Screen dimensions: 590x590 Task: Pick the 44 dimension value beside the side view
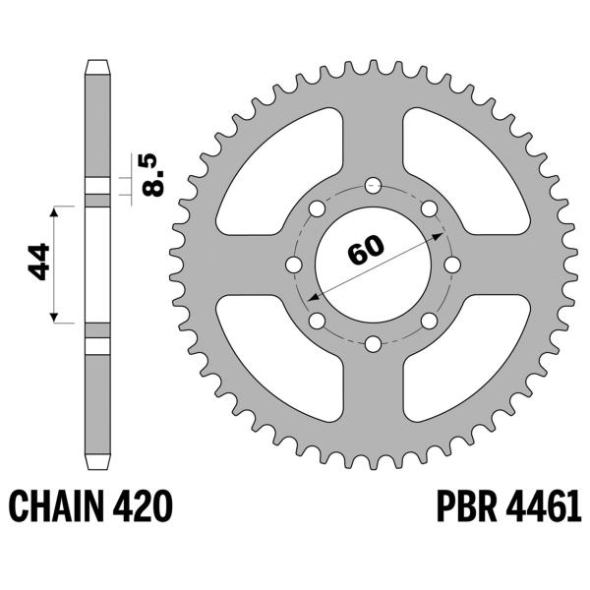pyautogui.click(x=39, y=264)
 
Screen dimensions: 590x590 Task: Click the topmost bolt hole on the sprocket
pyautogui.click(x=373, y=185)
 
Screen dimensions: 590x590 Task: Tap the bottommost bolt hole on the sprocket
pyautogui.click(x=373, y=343)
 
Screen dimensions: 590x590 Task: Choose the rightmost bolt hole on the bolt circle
pyautogui.click(x=451, y=265)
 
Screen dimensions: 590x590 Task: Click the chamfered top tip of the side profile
pyautogui.click(x=97, y=67)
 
